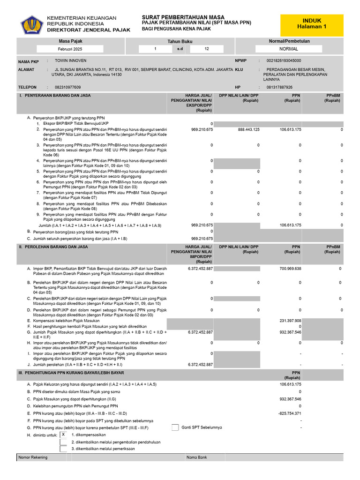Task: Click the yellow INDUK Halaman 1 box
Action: [312, 23]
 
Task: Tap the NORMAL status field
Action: [288, 49]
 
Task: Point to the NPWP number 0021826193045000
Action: [284, 61]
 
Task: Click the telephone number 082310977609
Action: [67, 87]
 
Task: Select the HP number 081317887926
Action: [279, 87]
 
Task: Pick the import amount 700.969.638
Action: [290, 269]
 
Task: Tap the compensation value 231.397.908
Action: [290, 321]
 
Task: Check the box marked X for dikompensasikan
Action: [63, 435]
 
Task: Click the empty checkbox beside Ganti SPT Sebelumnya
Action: [175, 427]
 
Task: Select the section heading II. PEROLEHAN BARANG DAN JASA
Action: [53, 247]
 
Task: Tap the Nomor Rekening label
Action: [33, 457]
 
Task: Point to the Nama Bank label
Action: [196, 457]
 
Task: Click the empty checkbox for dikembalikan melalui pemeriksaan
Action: [63, 449]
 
